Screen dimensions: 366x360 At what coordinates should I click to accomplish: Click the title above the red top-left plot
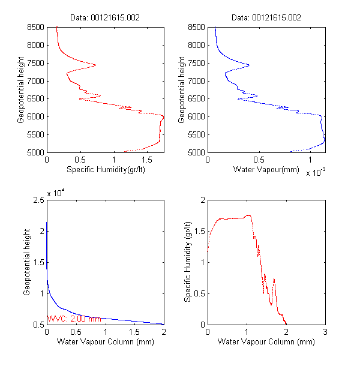(x=105, y=17)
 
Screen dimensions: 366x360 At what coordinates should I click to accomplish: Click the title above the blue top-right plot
(x=266, y=17)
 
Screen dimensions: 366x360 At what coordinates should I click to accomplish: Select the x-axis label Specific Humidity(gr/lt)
(x=105, y=170)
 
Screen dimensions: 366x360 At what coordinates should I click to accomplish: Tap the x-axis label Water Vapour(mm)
(x=266, y=170)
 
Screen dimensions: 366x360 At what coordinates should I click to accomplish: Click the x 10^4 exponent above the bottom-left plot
(x=56, y=193)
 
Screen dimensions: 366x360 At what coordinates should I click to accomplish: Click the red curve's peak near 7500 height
(x=95, y=65)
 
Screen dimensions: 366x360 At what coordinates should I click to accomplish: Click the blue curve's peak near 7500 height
(x=249, y=65)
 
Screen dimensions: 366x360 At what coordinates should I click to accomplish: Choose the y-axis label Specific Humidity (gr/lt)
(x=188, y=262)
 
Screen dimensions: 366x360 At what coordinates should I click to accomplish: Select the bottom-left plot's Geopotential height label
(x=27, y=262)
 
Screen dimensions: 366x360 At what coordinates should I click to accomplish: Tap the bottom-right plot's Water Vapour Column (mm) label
(x=266, y=342)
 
